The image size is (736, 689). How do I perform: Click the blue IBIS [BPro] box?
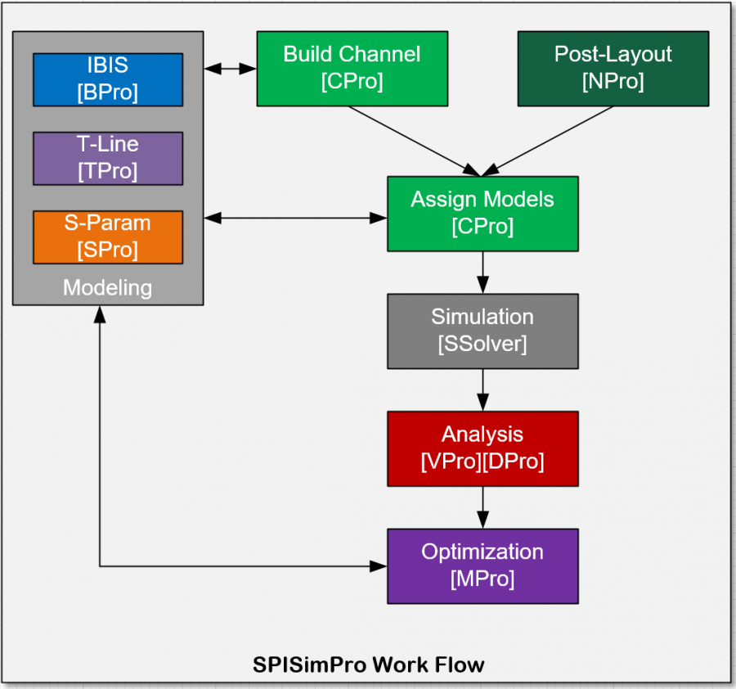108,79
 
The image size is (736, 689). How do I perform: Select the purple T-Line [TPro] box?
108,158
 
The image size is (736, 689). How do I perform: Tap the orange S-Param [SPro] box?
108,237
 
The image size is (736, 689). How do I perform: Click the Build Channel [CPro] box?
352,68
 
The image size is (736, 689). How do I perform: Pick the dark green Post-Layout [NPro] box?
613,68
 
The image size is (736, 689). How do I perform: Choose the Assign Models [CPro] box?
482,213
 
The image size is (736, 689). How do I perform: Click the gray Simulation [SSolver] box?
482,331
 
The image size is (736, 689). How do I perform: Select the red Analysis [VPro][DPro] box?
482,448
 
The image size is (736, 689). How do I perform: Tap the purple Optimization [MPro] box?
482,565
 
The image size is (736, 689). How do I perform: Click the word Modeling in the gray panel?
108,287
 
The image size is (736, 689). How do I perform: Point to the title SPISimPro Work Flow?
368,664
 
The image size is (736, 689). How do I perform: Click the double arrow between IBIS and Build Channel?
230,69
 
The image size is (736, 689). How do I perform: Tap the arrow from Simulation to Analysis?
482,390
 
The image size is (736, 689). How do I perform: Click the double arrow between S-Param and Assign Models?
295,218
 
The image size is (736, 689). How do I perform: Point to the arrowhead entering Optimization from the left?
378,565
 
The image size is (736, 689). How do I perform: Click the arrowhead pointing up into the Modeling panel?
100,314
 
